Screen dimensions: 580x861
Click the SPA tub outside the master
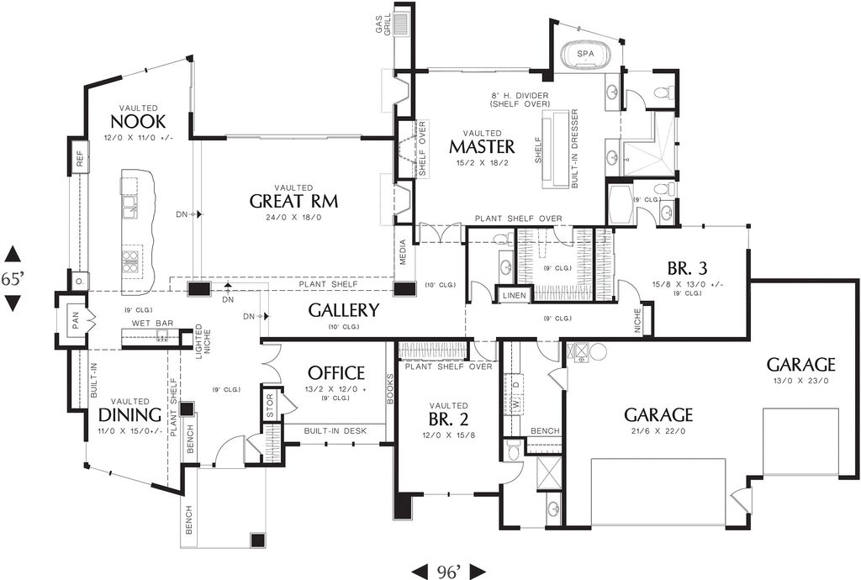click(x=584, y=55)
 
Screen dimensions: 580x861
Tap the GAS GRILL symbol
click(x=401, y=23)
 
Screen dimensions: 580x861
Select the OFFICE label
click(x=335, y=372)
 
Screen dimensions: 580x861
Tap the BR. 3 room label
click(x=688, y=269)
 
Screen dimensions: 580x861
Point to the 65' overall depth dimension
click(x=12, y=279)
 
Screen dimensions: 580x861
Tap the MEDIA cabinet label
click(x=404, y=262)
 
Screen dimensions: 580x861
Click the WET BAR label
click(x=147, y=324)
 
